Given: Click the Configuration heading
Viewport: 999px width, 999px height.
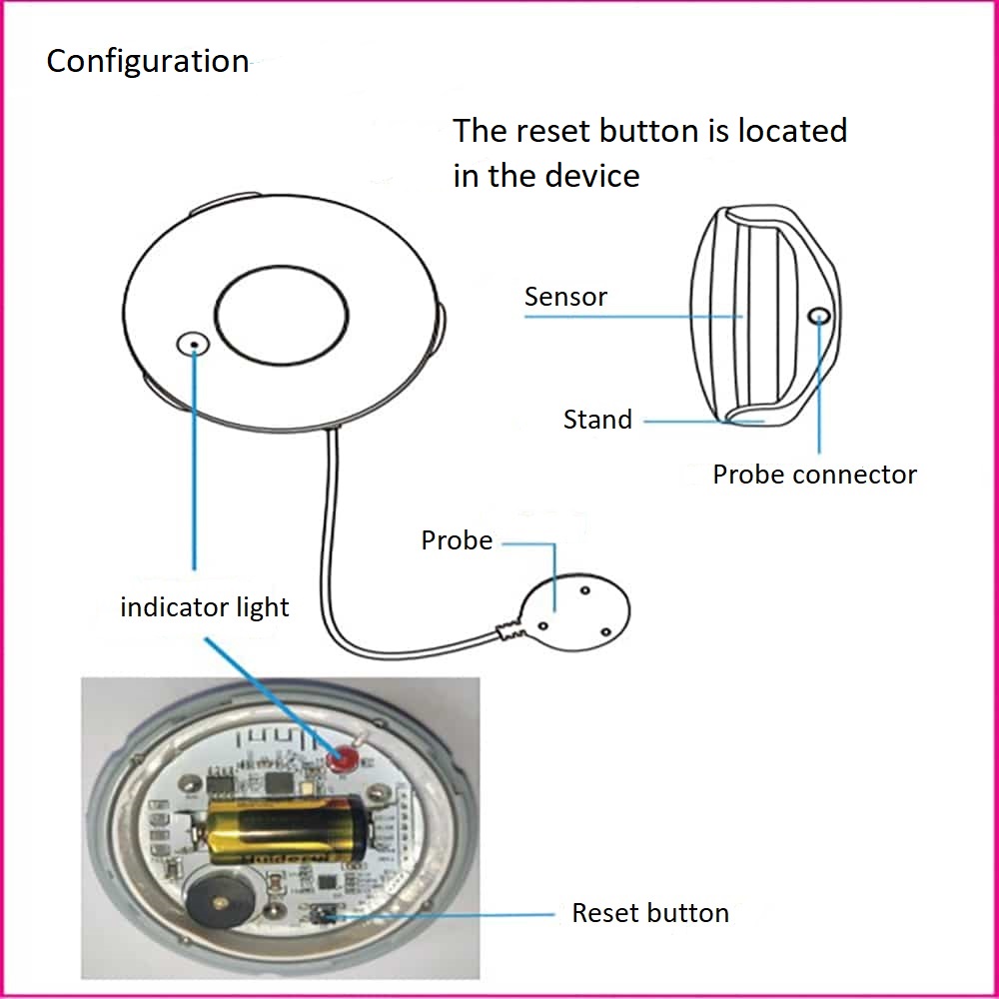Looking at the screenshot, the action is coord(148,62).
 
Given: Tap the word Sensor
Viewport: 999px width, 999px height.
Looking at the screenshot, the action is coord(565,297).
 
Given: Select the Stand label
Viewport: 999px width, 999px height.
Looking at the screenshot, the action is coord(597,420).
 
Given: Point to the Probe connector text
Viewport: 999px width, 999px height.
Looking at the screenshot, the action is coord(815,475).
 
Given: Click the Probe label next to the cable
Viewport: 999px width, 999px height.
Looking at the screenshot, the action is coord(457,540).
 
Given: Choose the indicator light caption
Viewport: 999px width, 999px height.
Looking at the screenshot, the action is coord(205,607).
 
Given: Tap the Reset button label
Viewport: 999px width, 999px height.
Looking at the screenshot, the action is coord(650,913).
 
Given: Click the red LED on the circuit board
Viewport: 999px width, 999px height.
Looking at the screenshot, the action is coord(343,758).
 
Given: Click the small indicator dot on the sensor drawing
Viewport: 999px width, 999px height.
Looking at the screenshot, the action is coord(193,345).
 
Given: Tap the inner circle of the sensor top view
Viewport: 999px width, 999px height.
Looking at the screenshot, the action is coord(282,316).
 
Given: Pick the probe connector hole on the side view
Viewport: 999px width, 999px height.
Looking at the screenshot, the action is coord(819,316).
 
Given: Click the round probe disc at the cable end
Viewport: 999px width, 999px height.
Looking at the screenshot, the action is coord(574,611).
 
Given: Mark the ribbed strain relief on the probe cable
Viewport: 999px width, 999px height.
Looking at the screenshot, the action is coord(510,630).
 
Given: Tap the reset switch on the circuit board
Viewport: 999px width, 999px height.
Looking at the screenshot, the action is coord(322,915).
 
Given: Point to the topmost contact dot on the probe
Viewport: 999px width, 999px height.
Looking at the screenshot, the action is coord(584,590).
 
